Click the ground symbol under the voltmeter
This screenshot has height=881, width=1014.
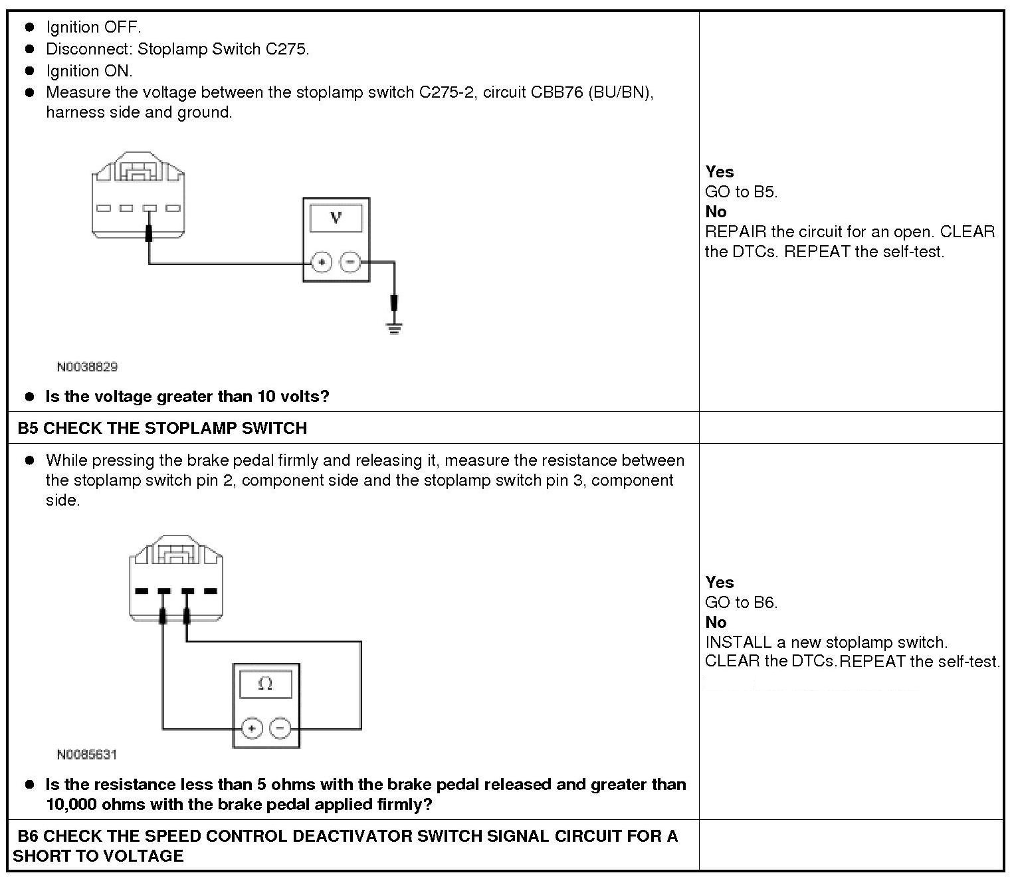[x=394, y=327]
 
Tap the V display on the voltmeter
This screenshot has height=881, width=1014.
[x=336, y=218]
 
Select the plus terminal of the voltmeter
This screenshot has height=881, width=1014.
[x=322, y=262]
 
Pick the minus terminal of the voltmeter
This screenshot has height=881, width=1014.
[x=350, y=262]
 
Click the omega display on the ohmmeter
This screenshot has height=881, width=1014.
[x=265, y=684]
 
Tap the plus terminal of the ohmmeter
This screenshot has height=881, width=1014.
[x=251, y=728]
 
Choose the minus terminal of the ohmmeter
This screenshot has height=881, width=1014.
[x=280, y=728]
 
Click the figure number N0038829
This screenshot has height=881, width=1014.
[x=87, y=367]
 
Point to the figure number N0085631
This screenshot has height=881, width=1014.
[x=87, y=754]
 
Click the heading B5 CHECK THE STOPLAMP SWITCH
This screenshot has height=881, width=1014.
[x=163, y=428]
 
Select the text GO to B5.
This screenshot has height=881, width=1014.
[x=741, y=192]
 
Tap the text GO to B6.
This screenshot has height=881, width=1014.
[x=741, y=603]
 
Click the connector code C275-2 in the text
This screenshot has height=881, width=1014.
[x=447, y=92]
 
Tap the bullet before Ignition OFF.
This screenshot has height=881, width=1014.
[x=29, y=27]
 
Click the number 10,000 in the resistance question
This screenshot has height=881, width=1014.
[x=72, y=805]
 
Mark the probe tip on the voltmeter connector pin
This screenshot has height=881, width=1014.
[x=150, y=233]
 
